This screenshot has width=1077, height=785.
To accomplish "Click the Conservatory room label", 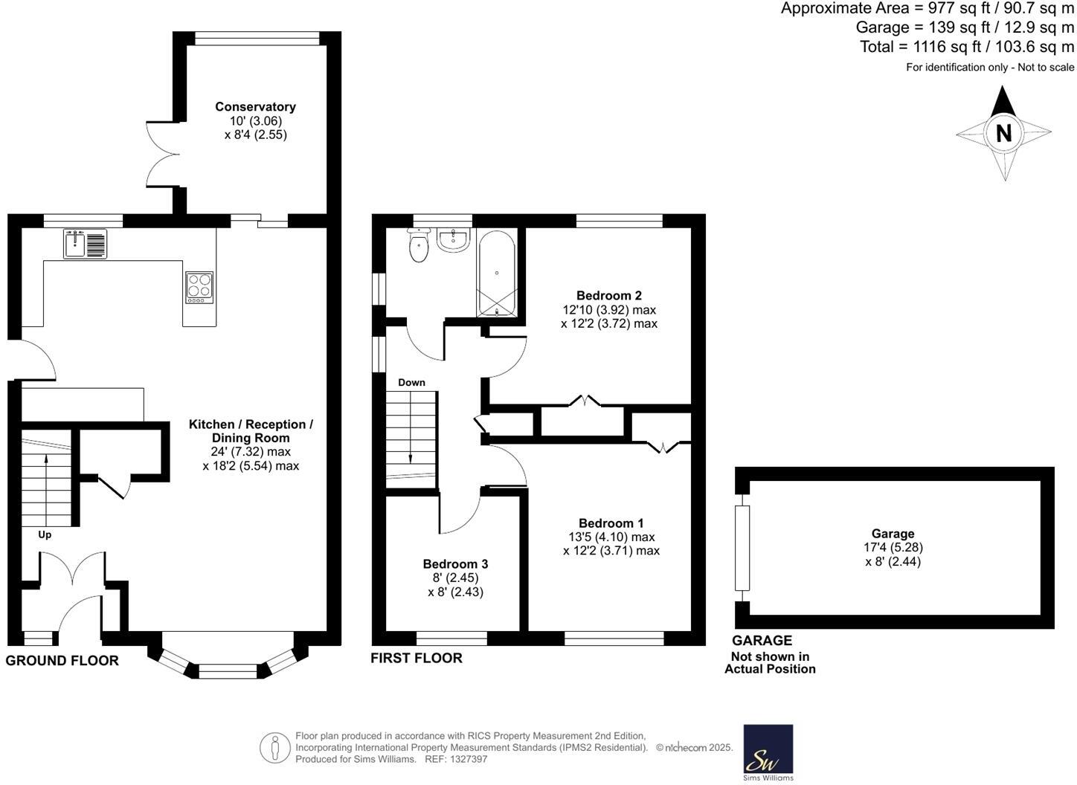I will click(x=255, y=107).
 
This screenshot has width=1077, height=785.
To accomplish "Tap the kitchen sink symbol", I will click(x=85, y=244).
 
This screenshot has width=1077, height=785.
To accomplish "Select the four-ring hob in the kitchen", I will click(x=199, y=287).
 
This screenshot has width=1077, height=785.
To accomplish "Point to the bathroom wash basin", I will click(x=453, y=240).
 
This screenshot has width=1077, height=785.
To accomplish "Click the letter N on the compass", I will click(x=1003, y=133).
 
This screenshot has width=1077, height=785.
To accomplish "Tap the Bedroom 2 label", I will click(x=608, y=296).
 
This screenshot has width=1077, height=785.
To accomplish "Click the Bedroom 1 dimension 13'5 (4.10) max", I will click(x=611, y=537).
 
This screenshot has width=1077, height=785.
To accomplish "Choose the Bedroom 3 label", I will click(x=455, y=564).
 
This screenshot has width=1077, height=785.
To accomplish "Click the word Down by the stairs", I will click(x=411, y=383).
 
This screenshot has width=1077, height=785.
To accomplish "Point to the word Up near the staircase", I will click(x=45, y=534).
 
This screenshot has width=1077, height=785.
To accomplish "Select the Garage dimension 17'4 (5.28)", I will click(x=893, y=548).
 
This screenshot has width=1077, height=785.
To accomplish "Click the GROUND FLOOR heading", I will click(x=62, y=661).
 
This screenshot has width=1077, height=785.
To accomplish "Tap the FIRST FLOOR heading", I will click(x=417, y=658).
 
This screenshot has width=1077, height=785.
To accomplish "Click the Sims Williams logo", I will click(x=768, y=752).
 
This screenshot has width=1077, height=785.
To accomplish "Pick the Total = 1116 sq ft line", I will click(x=966, y=47).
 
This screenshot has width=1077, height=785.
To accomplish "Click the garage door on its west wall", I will click(x=742, y=548).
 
